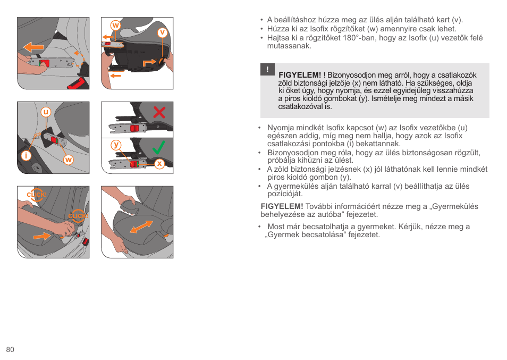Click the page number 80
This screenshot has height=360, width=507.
pos(10,349)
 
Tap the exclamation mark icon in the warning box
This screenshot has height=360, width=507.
pos(267,69)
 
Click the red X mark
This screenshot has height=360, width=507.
pos(159,112)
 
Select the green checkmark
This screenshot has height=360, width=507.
pos(158,147)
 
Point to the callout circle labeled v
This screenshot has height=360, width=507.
pos(162,32)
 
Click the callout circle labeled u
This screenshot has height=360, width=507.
pos(46,112)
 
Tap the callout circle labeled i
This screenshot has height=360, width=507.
pos(26,156)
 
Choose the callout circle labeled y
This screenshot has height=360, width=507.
pos(116,145)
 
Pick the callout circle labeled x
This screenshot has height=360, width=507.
pos(159,164)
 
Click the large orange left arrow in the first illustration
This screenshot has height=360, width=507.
pos(33,47)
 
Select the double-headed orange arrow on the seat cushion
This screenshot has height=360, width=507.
pos(141,227)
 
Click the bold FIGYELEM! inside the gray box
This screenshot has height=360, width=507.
pos(300,75)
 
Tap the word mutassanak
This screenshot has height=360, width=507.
pos(289,46)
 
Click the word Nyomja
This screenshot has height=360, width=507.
pos(281,128)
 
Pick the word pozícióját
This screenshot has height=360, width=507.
pos(285,194)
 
